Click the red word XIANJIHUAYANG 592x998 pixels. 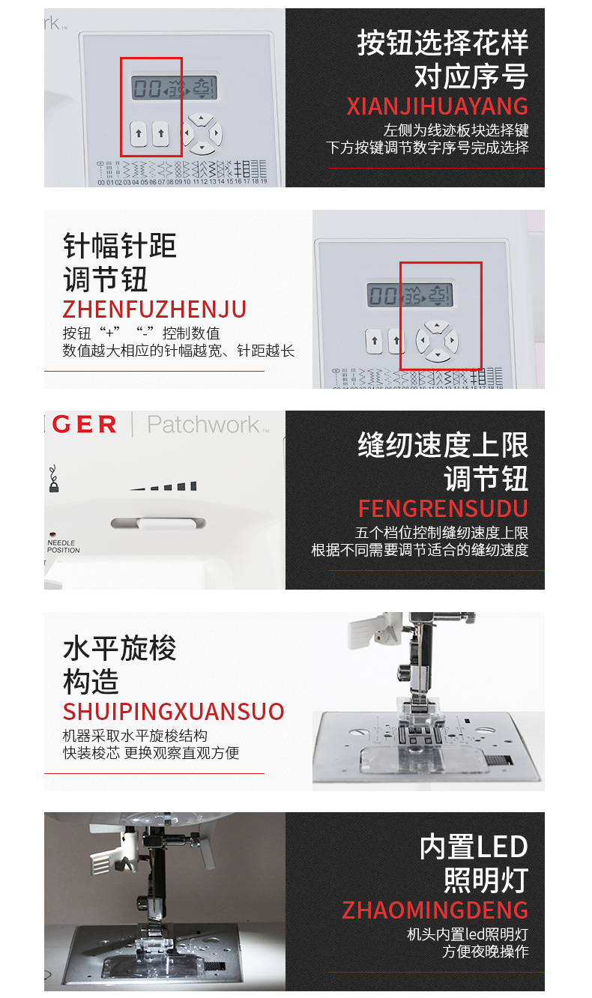click(x=438, y=106)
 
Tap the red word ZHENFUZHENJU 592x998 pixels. click(x=154, y=309)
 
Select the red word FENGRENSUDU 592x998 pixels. click(x=443, y=508)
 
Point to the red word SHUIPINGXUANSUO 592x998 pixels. click(x=174, y=712)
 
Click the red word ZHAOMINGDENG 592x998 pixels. click(x=435, y=910)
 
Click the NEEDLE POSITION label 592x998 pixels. click(x=63, y=546)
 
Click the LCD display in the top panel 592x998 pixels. click(x=174, y=87)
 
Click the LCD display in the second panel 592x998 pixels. click(x=410, y=294)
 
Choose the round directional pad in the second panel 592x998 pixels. click(x=437, y=341)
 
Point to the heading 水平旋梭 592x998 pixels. click(x=120, y=648)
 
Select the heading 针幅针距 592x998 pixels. click(x=120, y=246)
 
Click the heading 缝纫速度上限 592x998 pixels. click(x=443, y=445)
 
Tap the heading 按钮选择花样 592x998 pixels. click(x=443, y=43)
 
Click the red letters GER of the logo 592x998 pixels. click(x=84, y=424)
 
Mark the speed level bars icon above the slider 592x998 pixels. click(x=163, y=486)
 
